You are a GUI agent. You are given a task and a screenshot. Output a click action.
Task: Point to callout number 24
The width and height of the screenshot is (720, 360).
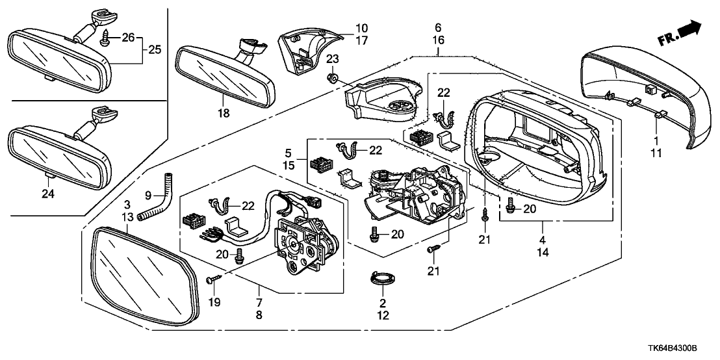coord(47,192)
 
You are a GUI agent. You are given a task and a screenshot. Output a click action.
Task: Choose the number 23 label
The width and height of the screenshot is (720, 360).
coord(333,59)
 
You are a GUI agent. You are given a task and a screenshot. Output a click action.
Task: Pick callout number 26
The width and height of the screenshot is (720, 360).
coord(128,38)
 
